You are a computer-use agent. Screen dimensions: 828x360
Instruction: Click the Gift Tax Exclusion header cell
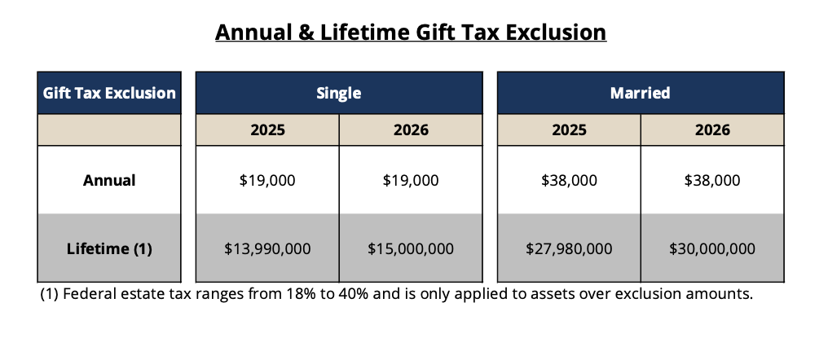pyautogui.click(x=109, y=93)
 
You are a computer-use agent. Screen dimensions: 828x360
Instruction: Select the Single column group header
pyautogui.click(x=339, y=93)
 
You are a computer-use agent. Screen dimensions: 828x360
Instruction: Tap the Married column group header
pyautogui.click(x=641, y=93)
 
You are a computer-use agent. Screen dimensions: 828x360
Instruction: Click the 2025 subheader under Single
pyautogui.click(x=268, y=130)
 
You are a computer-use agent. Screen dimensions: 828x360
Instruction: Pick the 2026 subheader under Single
pyautogui.click(x=411, y=130)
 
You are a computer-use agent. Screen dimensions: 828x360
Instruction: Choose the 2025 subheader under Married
pyautogui.click(x=569, y=130)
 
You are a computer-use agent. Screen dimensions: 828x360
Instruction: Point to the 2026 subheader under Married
pyautogui.click(x=712, y=130)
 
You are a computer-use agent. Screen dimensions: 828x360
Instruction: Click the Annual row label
pyautogui.click(x=109, y=180)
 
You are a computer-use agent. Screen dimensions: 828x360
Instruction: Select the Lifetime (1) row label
pyautogui.click(x=109, y=248)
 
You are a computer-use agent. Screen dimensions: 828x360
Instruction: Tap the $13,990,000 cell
pyautogui.click(x=268, y=248)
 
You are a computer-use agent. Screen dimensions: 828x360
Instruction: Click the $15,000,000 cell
pyautogui.click(x=411, y=248)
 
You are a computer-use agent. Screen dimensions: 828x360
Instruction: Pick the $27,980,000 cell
pyautogui.click(x=569, y=248)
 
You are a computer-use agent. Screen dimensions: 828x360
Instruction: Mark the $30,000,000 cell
pyautogui.click(x=712, y=248)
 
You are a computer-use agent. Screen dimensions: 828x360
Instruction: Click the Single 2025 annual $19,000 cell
pyautogui.click(x=268, y=180)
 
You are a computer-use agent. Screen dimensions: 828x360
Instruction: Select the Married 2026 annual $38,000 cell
pyautogui.click(x=712, y=180)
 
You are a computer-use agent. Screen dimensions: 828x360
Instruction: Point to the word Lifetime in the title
pyautogui.click(x=365, y=33)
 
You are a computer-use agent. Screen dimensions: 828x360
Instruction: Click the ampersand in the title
pyautogui.click(x=306, y=33)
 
